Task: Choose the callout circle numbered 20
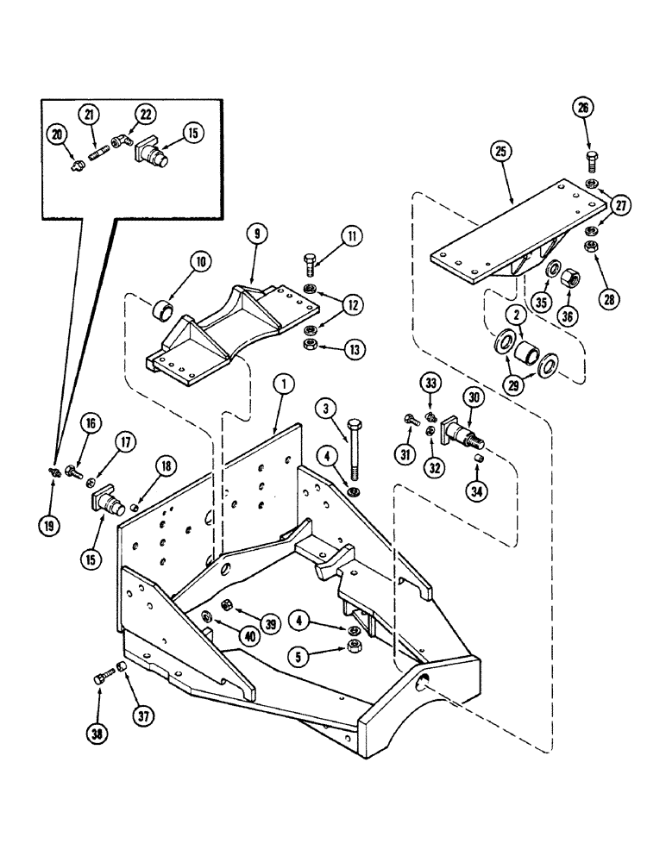coord(59,133)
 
